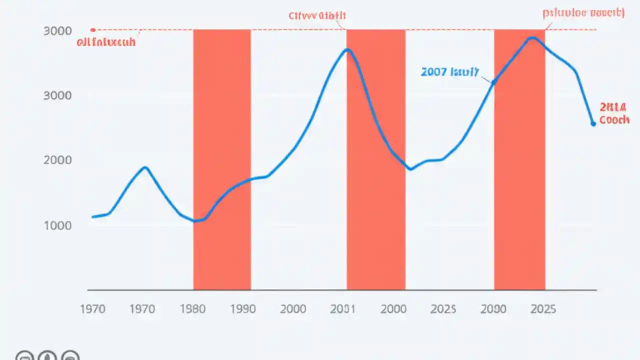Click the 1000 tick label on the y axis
(x=57, y=225)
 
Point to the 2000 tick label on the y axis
(x=57, y=160)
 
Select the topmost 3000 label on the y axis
(x=57, y=30)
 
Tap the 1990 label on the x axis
(x=243, y=309)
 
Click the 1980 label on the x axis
(x=192, y=309)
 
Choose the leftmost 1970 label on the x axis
(x=92, y=309)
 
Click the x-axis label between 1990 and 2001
(x=293, y=309)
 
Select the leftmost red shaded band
(x=222, y=160)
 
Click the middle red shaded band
(x=376, y=160)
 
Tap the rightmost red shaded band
(x=519, y=160)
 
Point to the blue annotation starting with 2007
(x=449, y=72)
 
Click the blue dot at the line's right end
(x=593, y=123)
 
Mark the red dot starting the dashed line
(x=92, y=30)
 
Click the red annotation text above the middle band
(x=317, y=15)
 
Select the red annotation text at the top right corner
(x=583, y=13)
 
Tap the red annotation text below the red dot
(x=106, y=42)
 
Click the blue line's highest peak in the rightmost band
(x=533, y=37)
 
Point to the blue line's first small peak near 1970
(x=145, y=167)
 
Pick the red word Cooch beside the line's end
(x=614, y=120)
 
